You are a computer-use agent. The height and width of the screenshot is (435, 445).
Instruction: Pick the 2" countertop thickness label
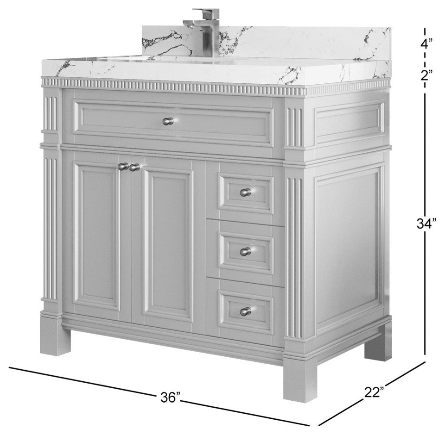426,75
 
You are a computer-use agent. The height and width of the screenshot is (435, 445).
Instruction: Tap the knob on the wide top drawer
168,121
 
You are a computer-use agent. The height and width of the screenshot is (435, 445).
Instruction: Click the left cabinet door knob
123,166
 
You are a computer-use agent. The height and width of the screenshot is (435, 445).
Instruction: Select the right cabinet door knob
134,168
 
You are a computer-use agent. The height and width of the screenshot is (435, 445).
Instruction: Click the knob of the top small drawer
246,193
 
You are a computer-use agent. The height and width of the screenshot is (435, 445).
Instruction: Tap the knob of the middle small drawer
246,252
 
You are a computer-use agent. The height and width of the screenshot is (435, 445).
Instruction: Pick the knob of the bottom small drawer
246,311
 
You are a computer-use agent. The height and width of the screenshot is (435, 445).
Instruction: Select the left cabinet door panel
97,240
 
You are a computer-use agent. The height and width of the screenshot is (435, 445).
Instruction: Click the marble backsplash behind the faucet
267,43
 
